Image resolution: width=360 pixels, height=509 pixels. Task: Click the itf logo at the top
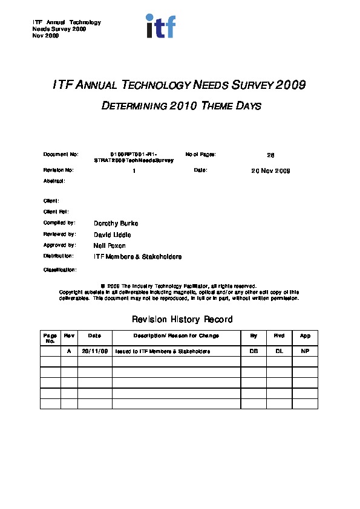(x=160, y=27)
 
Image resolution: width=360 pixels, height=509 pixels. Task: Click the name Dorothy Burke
(x=116, y=224)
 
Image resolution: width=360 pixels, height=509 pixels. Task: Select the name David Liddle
(x=113, y=235)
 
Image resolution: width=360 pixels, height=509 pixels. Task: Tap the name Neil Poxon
(x=110, y=246)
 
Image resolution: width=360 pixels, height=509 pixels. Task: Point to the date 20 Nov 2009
(x=271, y=171)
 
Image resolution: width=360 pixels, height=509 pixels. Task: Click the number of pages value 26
(x=271, y=155)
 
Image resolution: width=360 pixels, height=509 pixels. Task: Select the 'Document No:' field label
(x=61, y=155)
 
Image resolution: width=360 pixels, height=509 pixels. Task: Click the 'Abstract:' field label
(x=54, y=181)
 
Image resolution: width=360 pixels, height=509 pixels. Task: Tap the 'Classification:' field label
(x=60, y=270)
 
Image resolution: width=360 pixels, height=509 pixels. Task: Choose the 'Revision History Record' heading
(x=182, y=319)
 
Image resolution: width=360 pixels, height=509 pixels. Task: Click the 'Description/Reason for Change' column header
(x=176, y=336)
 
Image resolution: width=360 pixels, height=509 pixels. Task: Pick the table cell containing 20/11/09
(x=94, y=351)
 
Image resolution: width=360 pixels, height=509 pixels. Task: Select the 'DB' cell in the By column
(x=254, y=351)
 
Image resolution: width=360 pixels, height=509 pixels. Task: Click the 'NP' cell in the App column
(x=305, y=351)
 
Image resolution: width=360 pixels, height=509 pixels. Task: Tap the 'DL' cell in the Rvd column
(x=279, y=351)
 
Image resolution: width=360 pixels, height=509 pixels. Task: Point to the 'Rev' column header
(x=69, y=336)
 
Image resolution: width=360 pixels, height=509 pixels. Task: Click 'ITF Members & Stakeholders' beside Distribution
(x=138, y=257)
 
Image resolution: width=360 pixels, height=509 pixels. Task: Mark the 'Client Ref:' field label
(x=56, y=212)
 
